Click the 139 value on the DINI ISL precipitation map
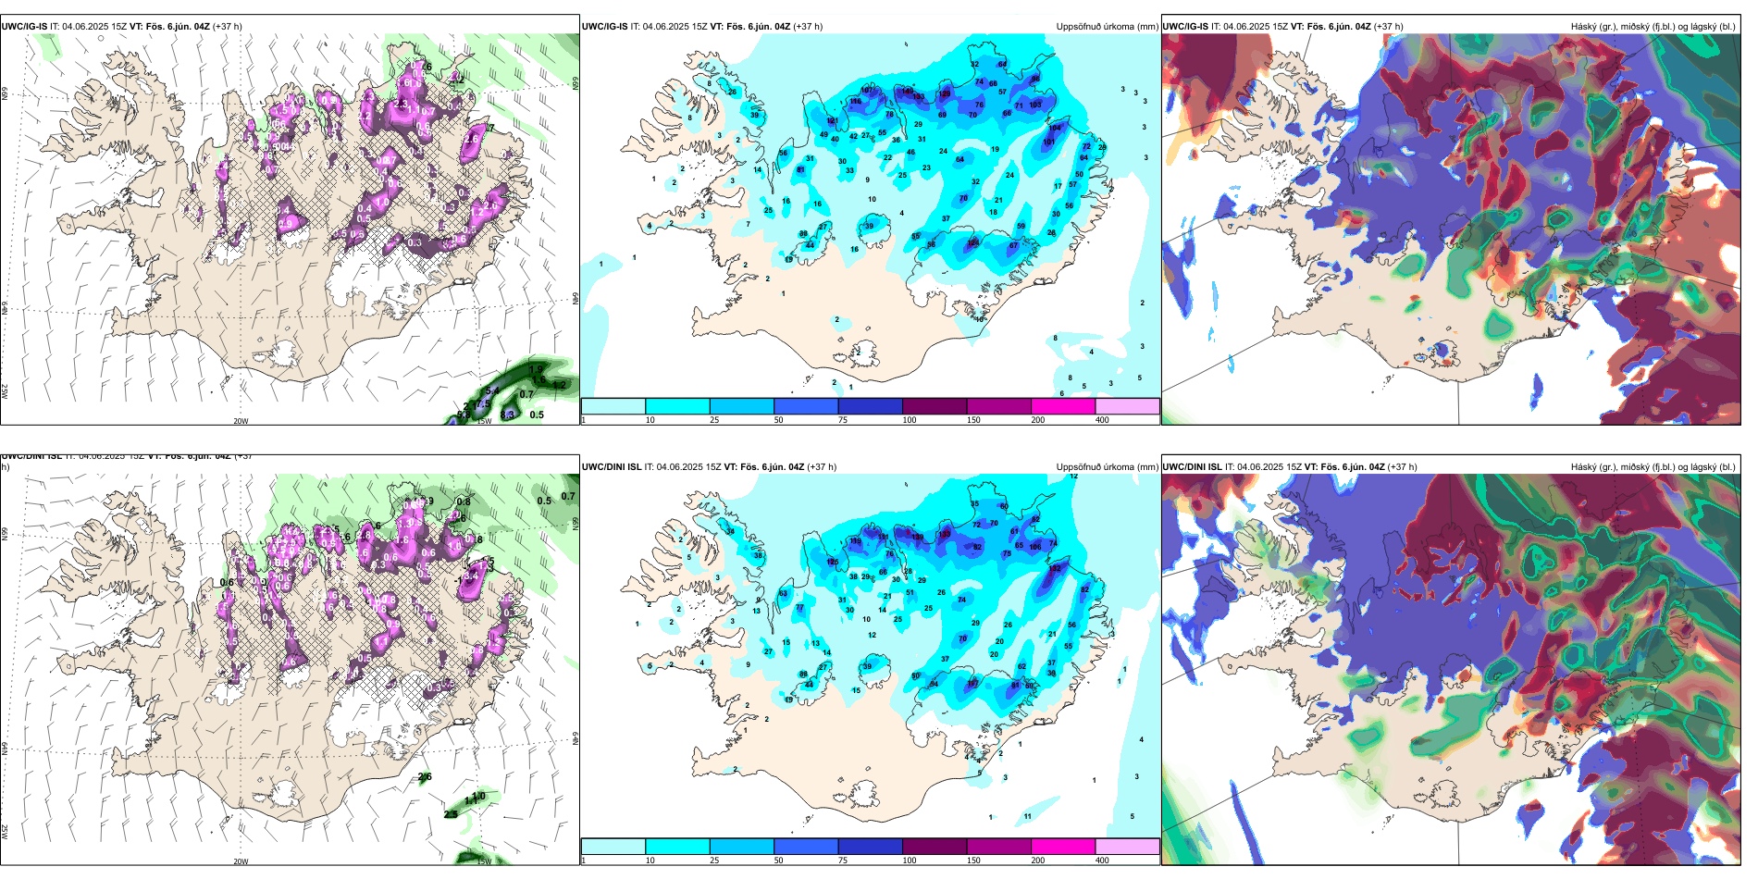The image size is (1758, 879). click(918, 537)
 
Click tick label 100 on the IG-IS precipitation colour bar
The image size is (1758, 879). click(910, 420)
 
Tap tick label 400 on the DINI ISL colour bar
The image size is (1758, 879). click(1102, 860)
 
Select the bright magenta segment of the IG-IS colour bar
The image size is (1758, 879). click(1062, 406)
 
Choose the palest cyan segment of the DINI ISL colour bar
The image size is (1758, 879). click(613, 847)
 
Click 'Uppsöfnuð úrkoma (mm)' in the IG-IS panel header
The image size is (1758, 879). click(1107, 27)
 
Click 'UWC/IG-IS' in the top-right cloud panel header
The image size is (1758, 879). click(1185, 27)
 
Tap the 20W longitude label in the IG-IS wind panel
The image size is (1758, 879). click(241, 421)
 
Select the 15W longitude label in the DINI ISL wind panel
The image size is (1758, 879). click(484, 861)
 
